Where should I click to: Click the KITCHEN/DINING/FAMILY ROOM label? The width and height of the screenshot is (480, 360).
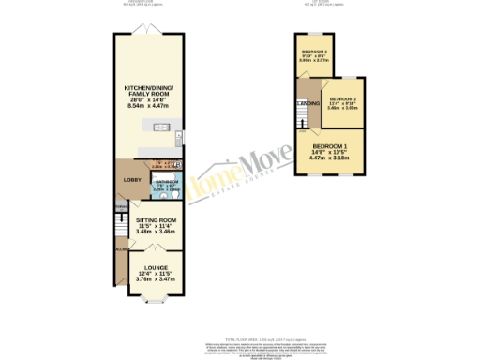[x=152, y=94]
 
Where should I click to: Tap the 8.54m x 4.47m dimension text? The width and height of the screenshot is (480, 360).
[x=152, y=107]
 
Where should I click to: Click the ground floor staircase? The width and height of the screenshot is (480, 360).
[x=120, y=229]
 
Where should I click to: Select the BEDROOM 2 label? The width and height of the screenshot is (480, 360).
[x=342, y=97]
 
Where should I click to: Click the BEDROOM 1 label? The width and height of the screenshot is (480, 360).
[x=328, y=147]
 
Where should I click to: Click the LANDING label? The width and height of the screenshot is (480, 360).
[x=310, y=102]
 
